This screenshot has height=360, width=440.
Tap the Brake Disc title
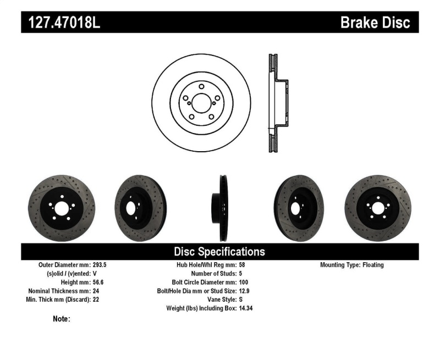375,23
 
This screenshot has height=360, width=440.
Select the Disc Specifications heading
219,252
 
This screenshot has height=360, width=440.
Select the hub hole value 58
243,265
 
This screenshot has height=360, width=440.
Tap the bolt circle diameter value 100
244,283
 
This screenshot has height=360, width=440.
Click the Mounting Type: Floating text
352,265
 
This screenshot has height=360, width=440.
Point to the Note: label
61,319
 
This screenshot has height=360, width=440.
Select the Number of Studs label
213,274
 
